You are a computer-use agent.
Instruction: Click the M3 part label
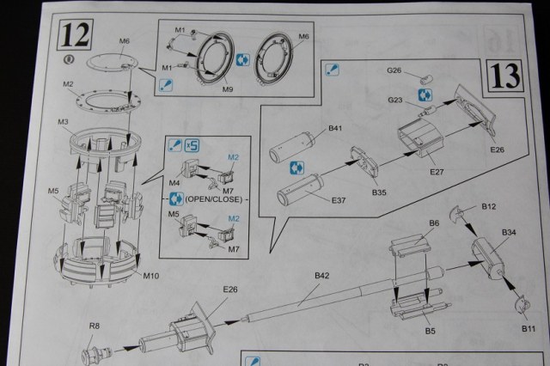[x=63, y=123]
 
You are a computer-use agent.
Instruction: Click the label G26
[x=394, y=70]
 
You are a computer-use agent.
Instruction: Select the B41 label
[x=335, y=130]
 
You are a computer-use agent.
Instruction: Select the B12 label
[x=489, y=206]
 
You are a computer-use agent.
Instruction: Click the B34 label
[x=507, y=233]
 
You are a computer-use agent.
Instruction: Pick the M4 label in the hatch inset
[x=176, y=181]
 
